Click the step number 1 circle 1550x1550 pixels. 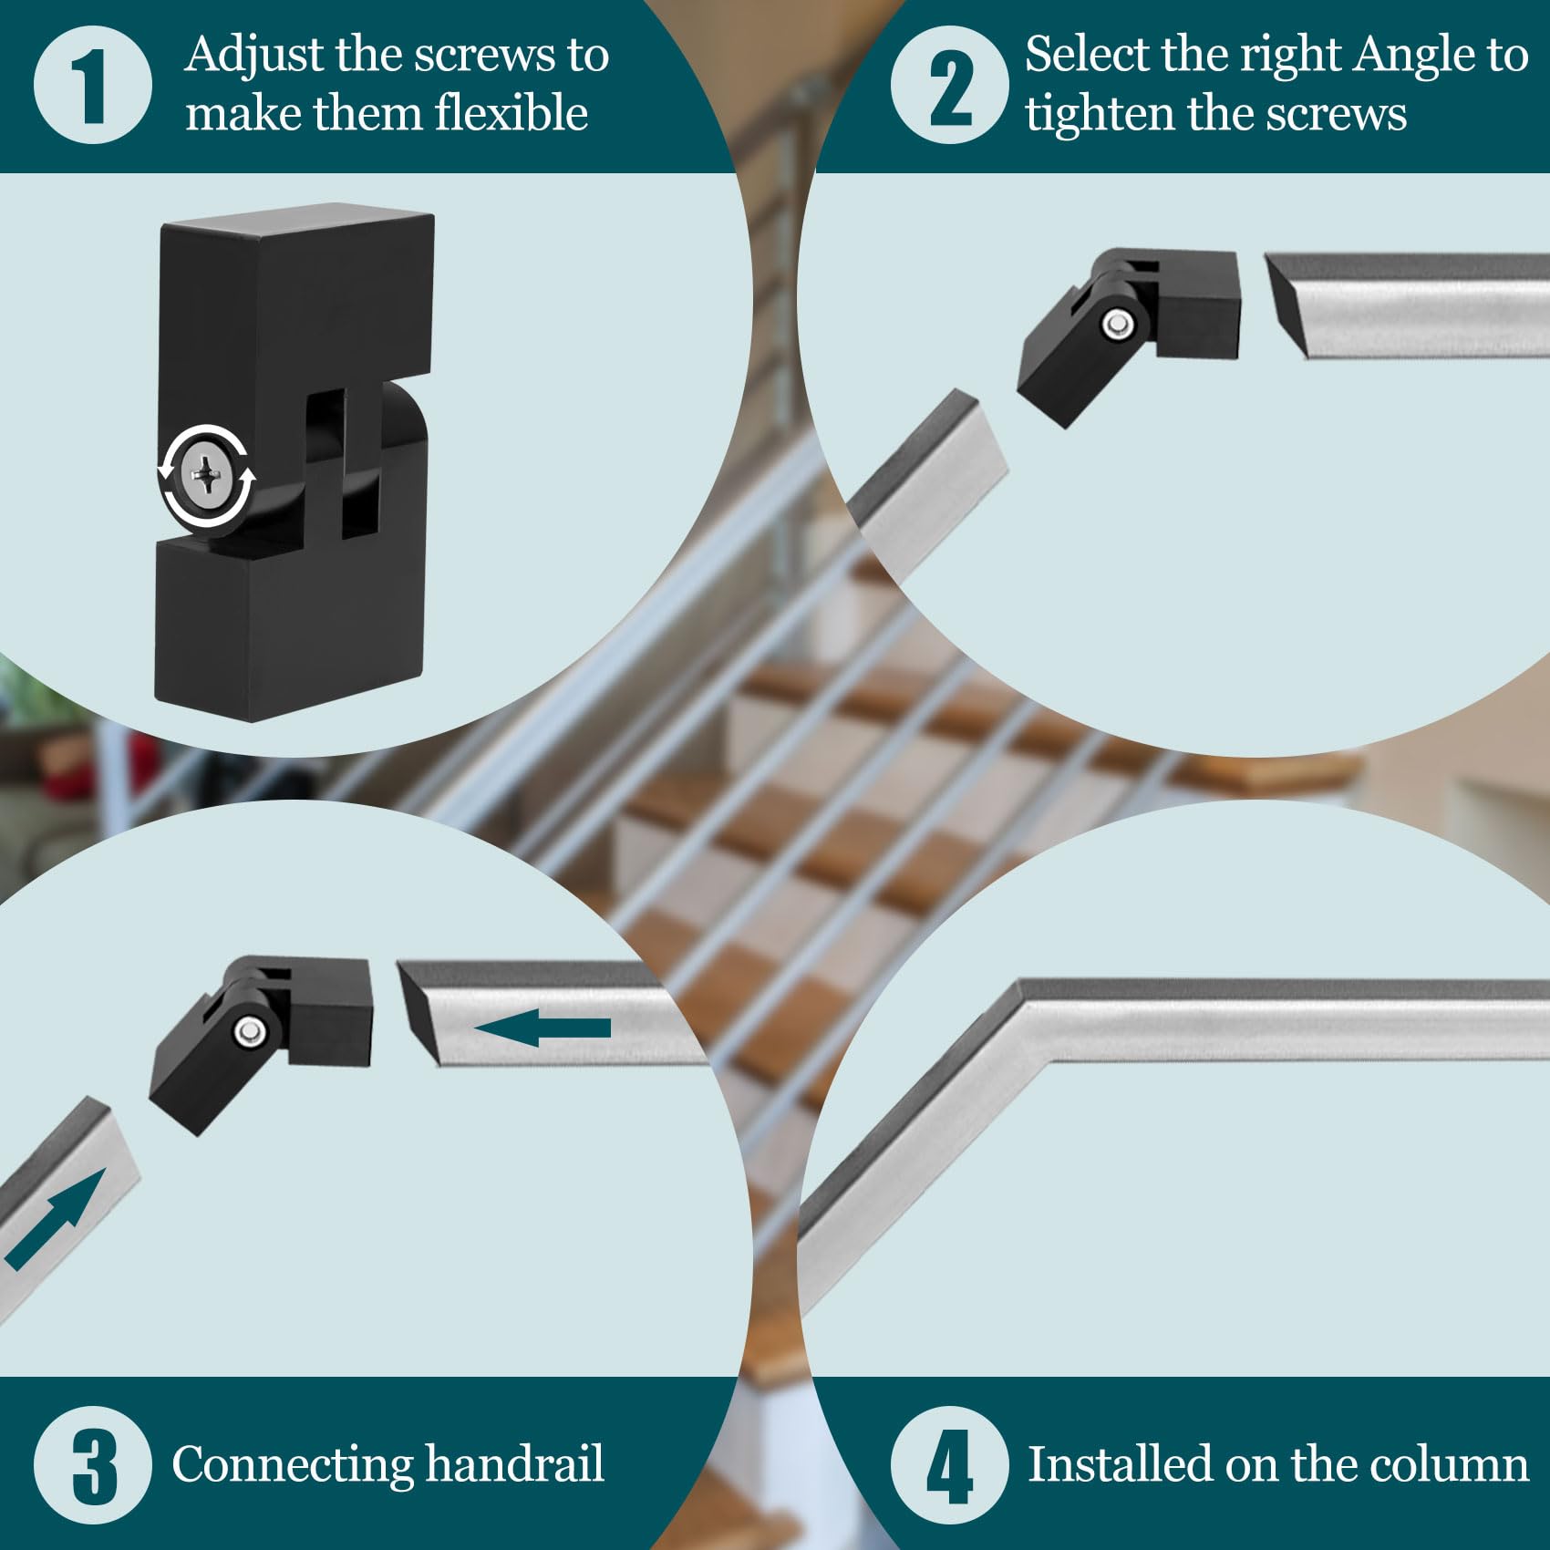coord(92,85)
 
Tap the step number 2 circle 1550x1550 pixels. coord(949,85)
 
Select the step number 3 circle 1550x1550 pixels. coord(92,1465)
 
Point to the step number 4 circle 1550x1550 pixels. coord(949,1465)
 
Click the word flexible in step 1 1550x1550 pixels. coord(511,114)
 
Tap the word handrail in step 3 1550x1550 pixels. coord(514,1463)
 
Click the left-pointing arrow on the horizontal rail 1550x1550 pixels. coord(543,1028)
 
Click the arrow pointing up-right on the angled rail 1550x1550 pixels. coord(55,1220)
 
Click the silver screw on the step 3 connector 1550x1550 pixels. coord(249,1032)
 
